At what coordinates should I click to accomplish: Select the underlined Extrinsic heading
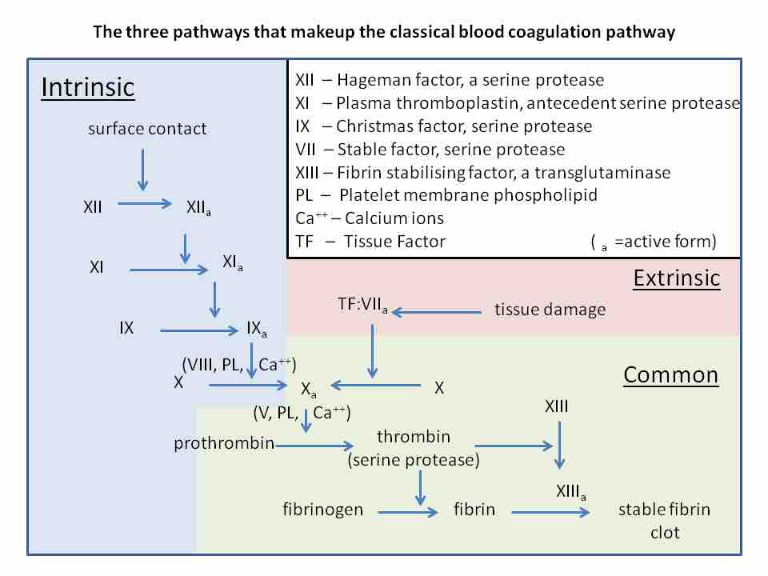(x=676, y=278)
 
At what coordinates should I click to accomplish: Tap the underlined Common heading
(x=670, y=375)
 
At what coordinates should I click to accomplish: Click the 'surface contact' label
(x=147, y=128)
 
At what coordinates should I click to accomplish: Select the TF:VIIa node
(x=363, y=305)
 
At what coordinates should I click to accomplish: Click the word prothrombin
(x=224, y=443)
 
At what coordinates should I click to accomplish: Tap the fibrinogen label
(x=322, y=509)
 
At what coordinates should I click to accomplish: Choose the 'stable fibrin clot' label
(x=664, y=520)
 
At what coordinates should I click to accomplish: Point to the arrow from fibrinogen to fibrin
(x=408, y=511)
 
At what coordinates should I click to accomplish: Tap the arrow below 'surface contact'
(x=142, y=170)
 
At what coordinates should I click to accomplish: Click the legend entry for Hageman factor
(x=450, y=80)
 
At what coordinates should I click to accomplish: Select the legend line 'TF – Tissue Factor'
(x=370, y=241)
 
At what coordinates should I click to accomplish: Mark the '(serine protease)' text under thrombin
(x=413, y=460)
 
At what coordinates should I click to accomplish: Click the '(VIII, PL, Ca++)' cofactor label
(x=239, y=364)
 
